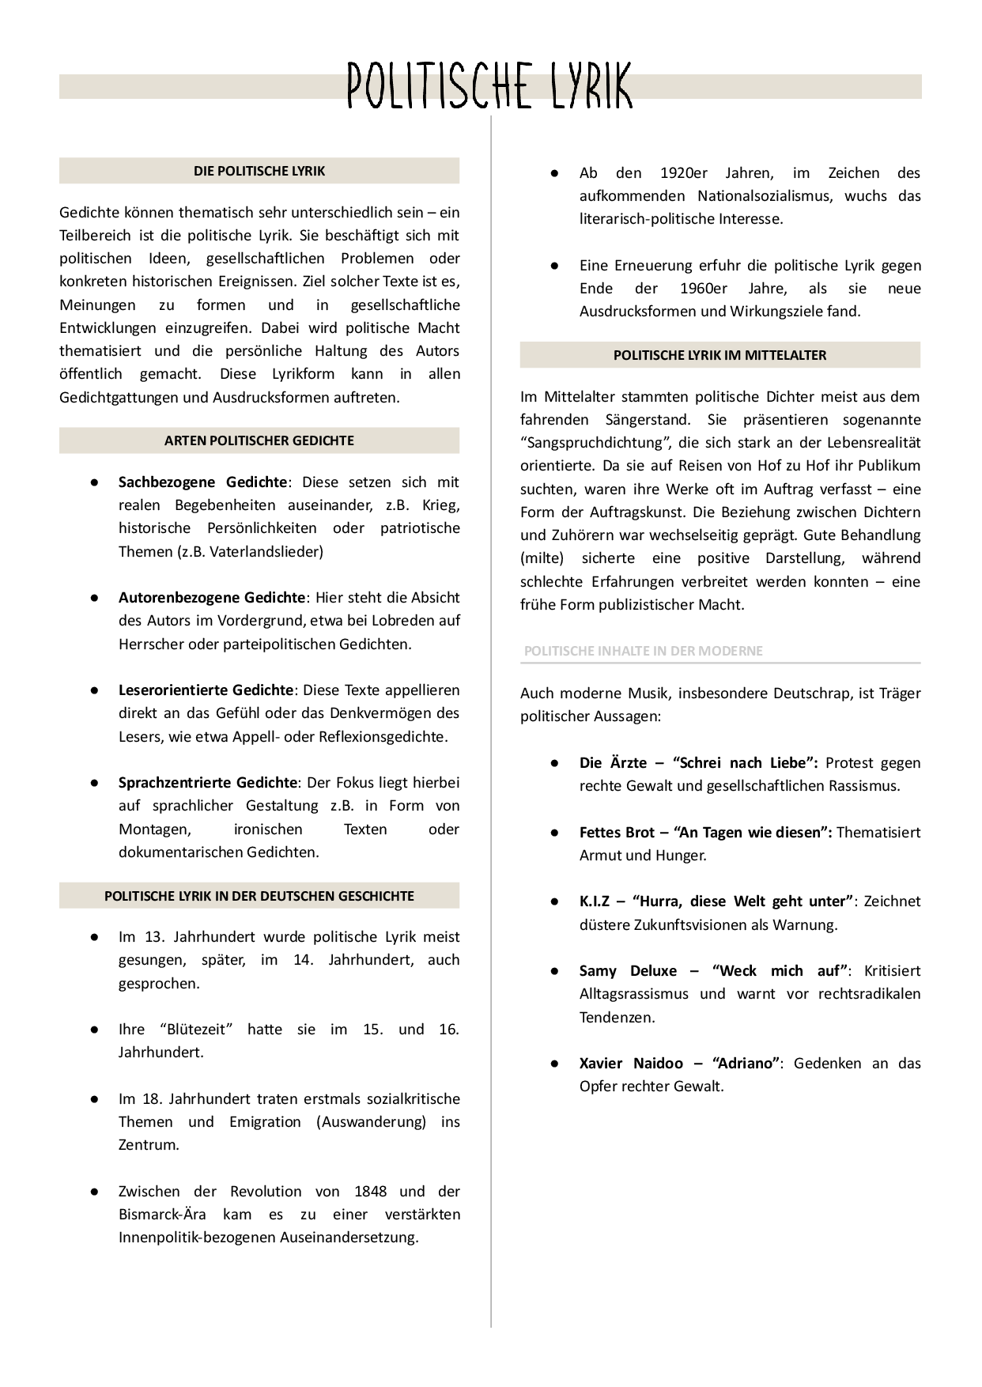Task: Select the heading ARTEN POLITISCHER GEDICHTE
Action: [259, 440]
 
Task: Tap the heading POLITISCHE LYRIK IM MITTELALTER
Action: [720, 355]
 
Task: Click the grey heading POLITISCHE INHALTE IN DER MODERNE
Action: [643, 651]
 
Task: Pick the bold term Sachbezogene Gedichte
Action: [202, 482]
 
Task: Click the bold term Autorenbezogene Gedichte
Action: [212, 597]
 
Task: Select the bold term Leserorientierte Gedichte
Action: [206, 690]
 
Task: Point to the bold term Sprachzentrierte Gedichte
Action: [208, 782]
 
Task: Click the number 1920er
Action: [684, 172]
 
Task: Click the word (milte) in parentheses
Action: [542, 557]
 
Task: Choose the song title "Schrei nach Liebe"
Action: [745, 762]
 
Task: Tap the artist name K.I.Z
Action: [595, 901]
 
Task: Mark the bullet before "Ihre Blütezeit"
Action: [94, 1030]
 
